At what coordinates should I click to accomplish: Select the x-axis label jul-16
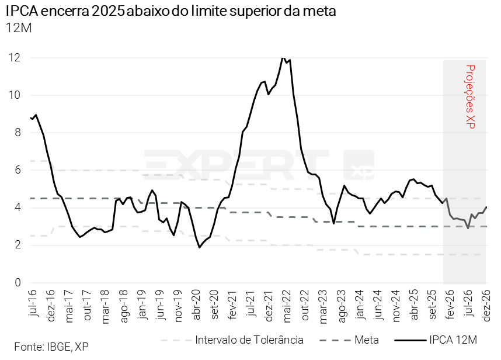[x=32, y=303]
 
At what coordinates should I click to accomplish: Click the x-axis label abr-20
[x=197, y=303]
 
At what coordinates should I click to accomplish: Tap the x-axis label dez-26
[x=486, y=303]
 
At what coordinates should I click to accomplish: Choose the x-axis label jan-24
[x=360, y=303]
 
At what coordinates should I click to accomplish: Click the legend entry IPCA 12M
[x=453, y=340]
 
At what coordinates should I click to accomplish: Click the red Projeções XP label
[x=471, y=96]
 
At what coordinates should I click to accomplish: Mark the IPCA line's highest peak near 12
[x=283, y=57]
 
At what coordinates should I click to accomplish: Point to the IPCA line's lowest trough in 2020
[x=199, y=247]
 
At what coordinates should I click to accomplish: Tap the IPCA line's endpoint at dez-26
[x=486, y=207]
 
